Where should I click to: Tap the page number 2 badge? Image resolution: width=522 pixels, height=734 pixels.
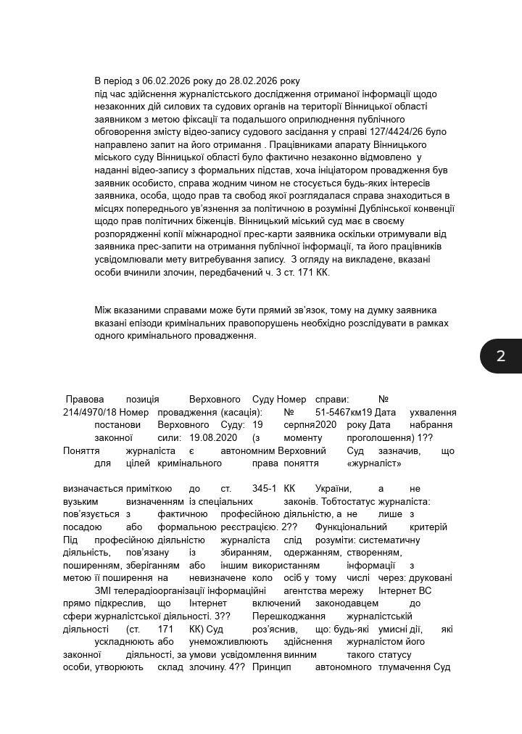tap(500, 355)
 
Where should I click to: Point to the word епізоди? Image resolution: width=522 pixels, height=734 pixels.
tap(144, 323)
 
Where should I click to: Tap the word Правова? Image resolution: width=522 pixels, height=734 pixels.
tap(85, 399)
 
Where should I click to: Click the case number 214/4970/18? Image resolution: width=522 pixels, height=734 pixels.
tap(90, 412)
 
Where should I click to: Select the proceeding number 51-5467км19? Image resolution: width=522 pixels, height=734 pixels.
tap(344, 412)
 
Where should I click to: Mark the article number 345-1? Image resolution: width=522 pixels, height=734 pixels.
tap(265, 488)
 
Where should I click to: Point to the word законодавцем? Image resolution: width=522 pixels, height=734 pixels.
tap(348, 603)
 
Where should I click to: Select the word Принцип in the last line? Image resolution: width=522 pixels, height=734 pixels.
tap(271, 667)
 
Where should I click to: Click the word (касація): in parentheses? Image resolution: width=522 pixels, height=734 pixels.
tap(240, 412)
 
